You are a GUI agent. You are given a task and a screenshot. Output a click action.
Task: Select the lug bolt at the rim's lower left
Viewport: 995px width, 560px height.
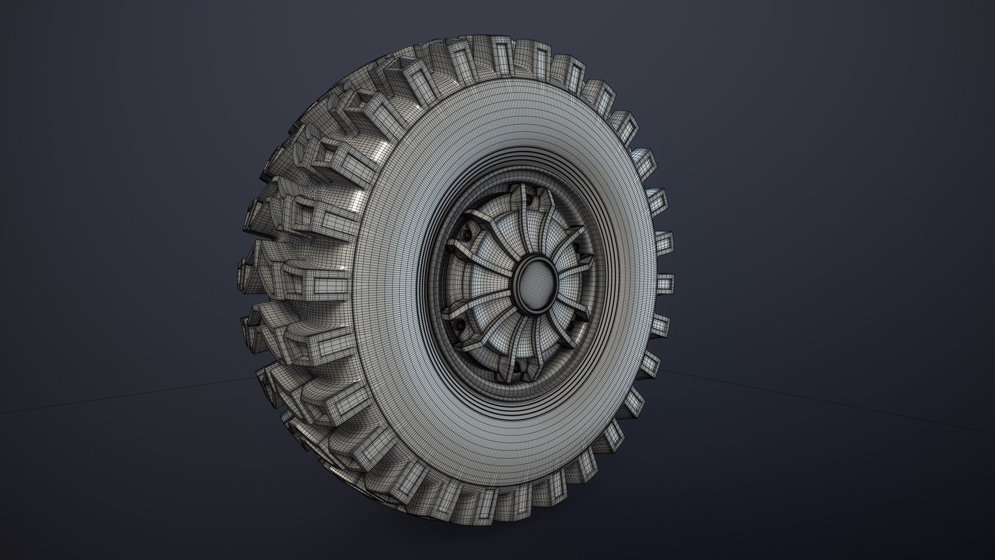point(458,326)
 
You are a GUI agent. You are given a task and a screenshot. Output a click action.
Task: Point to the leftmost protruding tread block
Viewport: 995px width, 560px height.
point(248,270)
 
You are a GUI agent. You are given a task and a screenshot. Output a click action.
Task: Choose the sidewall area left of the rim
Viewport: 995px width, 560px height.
point(394,290)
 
